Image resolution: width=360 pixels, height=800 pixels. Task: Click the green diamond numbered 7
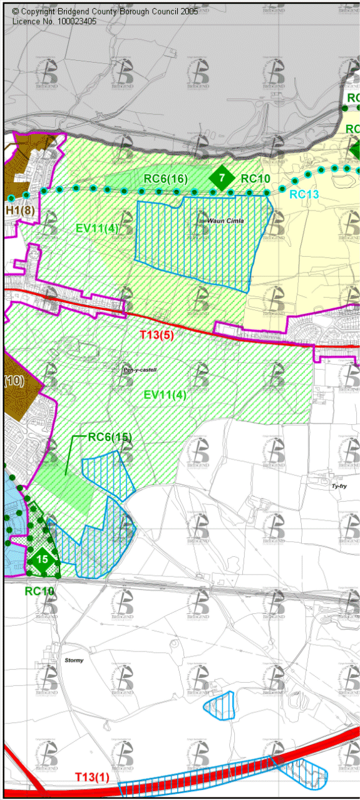(222, 178)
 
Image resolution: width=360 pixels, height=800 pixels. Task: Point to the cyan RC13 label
(304, 195)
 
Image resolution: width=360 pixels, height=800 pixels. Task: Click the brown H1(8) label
(19, 210)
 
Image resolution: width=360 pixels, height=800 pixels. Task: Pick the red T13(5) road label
(157, 335)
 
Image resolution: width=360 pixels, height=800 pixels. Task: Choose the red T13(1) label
(92, 777)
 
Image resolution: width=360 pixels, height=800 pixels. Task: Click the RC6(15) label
(110, 437)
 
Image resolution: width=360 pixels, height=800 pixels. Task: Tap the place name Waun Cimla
(213, 221)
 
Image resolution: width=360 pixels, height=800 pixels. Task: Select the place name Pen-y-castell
(140, 370)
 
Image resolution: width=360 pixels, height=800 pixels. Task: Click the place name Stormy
(74, 660)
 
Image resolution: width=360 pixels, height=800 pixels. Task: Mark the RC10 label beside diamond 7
(255, 179)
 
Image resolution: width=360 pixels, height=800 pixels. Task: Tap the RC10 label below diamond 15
(39, 591)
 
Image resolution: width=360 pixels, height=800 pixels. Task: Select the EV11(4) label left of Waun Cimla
(97, 229)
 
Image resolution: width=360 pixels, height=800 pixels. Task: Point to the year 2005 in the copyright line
(187, 12)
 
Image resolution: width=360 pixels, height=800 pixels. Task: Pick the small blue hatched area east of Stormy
(220, 705)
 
